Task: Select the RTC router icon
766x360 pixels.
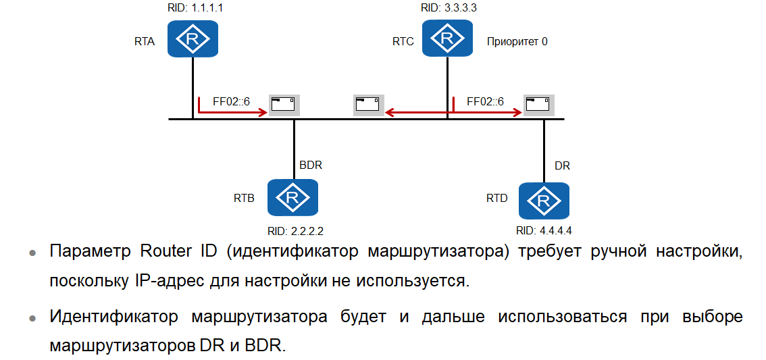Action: [x=447, y=38]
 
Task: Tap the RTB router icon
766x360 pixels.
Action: [x=292, y=197]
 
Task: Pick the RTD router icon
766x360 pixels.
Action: [x=544, y=201]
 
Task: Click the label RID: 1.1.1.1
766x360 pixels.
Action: [x=193, y=9]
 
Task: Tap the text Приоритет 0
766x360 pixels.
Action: [x=517, y=41]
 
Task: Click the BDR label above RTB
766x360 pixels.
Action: [x=311, y=165]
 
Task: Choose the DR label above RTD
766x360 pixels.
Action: [x=562, y=165]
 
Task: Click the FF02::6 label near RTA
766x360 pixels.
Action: [x=231, y=102]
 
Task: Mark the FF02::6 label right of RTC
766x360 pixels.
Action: [x=485, y=102]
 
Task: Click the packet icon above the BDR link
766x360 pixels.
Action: [x=284, y=105]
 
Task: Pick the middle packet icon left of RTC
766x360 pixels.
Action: [x=368, y=105]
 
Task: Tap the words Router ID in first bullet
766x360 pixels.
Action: [x=180, y=252]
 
